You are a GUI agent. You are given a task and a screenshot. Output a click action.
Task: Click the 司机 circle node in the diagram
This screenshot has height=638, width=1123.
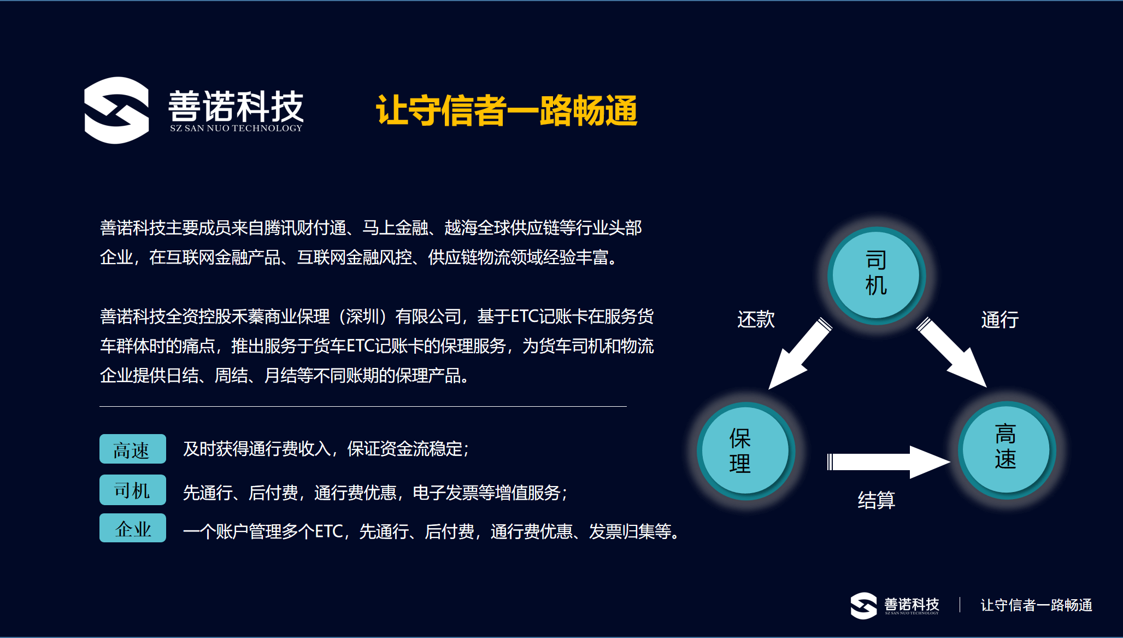point(876,273)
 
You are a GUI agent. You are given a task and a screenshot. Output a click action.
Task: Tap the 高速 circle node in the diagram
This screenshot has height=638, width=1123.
point(1006,448)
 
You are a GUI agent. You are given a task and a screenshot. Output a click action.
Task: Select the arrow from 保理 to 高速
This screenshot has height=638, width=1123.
point(887,462)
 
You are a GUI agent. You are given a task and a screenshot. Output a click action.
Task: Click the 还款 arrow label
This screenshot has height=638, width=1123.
point(756,319)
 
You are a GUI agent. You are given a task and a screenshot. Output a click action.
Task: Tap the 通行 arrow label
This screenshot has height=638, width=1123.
point(999,320)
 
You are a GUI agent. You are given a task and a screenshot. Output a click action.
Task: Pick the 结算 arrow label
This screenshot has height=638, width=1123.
point(876,500)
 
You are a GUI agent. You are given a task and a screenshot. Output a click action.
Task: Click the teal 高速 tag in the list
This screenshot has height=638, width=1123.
point(132,449)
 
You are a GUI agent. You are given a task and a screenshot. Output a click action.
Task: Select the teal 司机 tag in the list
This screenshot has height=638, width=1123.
point(132,490)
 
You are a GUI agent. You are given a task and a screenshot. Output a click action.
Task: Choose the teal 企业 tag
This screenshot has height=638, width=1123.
point(132,528)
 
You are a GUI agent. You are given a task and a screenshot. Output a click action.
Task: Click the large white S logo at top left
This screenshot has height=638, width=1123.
point(116,110)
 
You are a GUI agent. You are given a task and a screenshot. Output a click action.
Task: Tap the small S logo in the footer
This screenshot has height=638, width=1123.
point(863,606)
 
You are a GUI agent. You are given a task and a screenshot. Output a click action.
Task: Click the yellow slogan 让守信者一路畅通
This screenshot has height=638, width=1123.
point(507,110)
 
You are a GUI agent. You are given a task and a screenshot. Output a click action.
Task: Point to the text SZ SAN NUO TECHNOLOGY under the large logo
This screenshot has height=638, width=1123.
point(236,128)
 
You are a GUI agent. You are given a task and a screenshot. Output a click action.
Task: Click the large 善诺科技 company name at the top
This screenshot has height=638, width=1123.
point(236,106)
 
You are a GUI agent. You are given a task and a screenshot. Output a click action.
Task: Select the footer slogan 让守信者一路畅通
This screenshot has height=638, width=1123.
point(1036,605)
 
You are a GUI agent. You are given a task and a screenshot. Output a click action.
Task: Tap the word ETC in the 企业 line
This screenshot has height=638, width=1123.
point(328,531)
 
